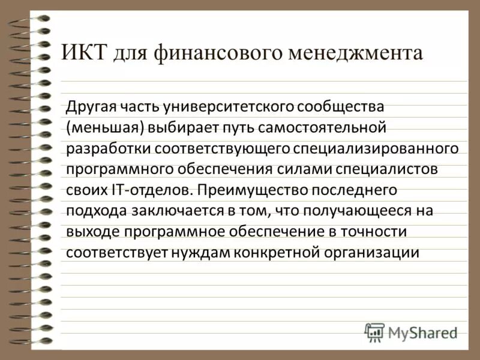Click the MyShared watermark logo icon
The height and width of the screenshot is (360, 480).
click(x=374, y=332)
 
